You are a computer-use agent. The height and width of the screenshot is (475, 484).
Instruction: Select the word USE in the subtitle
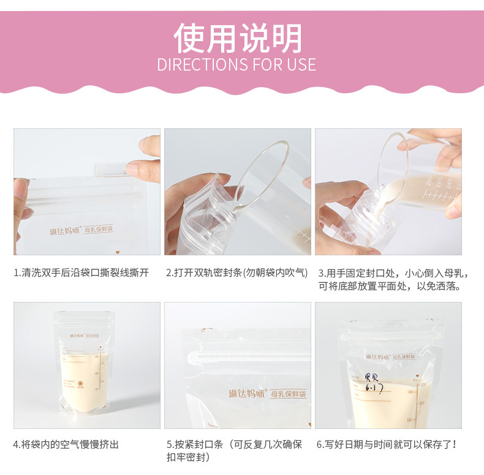(x=301, y=65)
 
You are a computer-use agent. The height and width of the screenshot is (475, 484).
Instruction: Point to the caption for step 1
(x=81, y=273)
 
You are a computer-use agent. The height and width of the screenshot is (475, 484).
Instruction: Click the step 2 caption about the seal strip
(x=236, y=273)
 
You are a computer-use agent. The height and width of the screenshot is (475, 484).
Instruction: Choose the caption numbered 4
(x=66, y=444)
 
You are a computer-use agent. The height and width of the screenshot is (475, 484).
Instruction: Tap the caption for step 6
(x=387, y=444)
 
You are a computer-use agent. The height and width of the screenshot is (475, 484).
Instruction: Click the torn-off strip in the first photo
(x=114, y=169)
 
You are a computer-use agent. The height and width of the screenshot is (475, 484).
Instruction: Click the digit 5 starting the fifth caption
(x=169, y=444)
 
